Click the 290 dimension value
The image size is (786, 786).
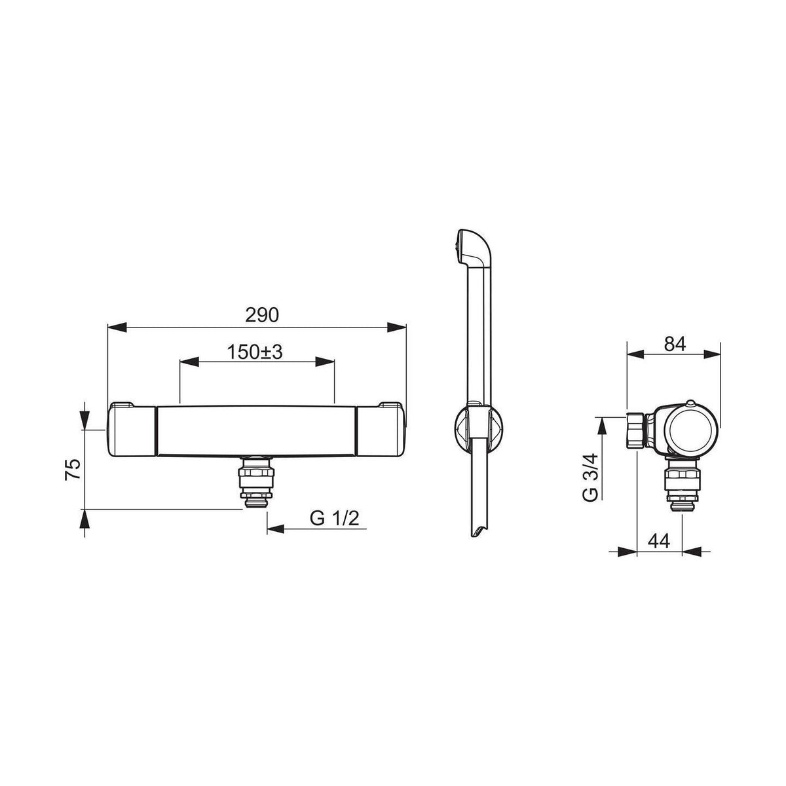262,315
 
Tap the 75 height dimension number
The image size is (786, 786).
73,469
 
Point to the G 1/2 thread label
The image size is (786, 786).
335,518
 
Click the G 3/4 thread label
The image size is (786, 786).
590,477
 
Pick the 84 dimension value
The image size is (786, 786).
675,345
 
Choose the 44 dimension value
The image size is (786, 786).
659,541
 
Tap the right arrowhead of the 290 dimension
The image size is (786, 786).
396,327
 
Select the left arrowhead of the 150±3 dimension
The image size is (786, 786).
189,362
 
